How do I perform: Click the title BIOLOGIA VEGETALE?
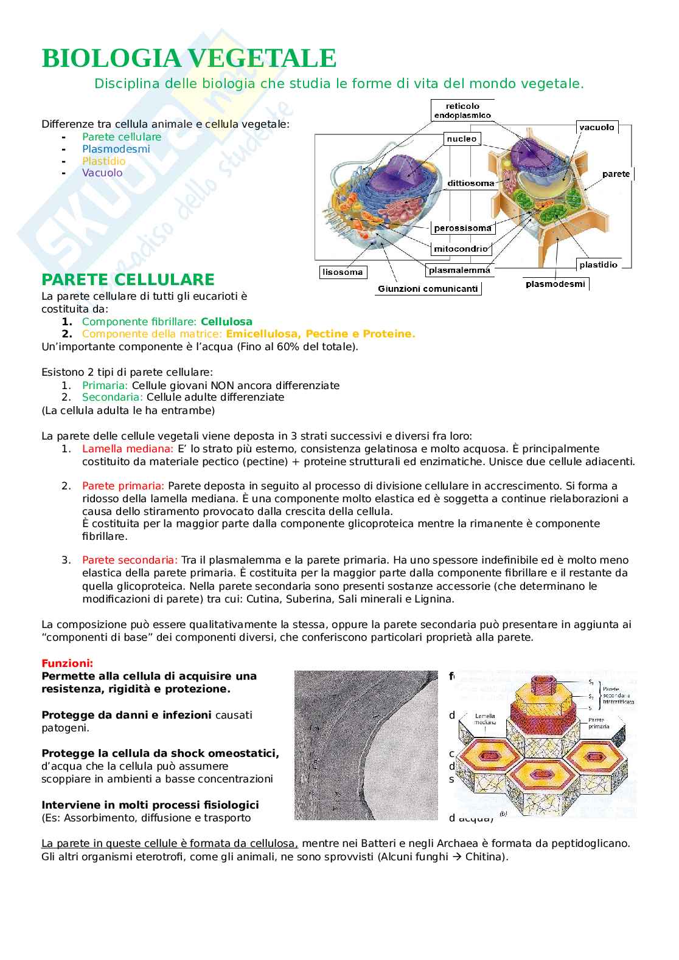coord(189,59)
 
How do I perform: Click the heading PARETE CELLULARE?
coord(128,280)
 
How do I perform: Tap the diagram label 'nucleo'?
coord(462,139)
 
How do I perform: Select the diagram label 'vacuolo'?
coord(597,127)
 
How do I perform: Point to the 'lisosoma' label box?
coord(343,272)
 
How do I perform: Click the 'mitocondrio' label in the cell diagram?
coord(461,248)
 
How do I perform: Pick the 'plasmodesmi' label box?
coord(555,283)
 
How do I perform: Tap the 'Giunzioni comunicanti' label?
coord(428,289)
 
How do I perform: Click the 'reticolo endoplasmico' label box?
coord(462,110)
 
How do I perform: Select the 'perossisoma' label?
coord(462,228)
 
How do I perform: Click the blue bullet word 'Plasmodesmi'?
coord(116,149)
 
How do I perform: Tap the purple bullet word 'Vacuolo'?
coord(102,173)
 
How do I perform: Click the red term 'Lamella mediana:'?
coord(128,449)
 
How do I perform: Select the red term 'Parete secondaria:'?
coord(130,559)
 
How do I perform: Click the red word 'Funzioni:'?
coord(67,663)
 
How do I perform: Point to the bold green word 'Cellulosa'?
coord(226,322)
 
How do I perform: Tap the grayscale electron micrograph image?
coord(366,745)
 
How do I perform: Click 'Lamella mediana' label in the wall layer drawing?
coord(486,719)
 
